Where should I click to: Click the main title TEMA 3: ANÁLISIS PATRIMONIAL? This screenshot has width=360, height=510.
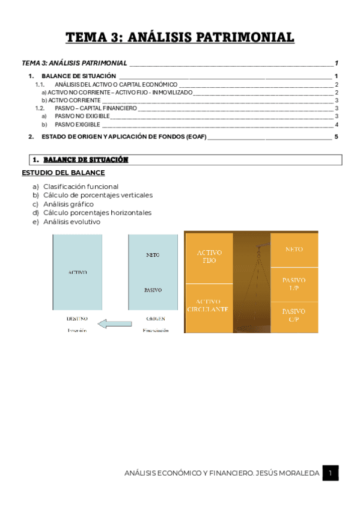[180, 38]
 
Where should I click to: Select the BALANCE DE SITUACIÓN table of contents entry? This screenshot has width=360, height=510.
[79, 76]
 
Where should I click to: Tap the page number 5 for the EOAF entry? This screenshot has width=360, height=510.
[337, 137]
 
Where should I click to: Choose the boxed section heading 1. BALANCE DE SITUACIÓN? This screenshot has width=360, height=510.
[81, 160]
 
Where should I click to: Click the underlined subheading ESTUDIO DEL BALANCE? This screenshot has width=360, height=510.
[63, 173]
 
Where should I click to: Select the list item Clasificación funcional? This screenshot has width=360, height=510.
[81, 186]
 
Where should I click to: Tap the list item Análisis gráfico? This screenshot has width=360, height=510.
[69, 204]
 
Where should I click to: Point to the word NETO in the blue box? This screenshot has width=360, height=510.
[153, 255]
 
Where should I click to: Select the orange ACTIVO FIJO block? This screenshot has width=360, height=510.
[209, 257]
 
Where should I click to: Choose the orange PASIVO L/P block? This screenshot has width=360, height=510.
[294, 284]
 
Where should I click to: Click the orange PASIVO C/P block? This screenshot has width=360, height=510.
[294, 316]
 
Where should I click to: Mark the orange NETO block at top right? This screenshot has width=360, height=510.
[294, 249]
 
